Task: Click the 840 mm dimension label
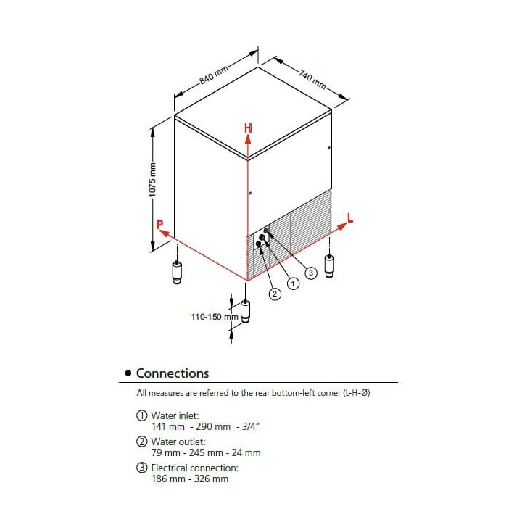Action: pyautogui.click(x=215, y=75)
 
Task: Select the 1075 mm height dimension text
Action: pyautogui.click(x=152, y=178)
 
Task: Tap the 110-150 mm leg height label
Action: pyautogui.click(x=215, y=317)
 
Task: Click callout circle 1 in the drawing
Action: pyautogui.click(x=293, y=283)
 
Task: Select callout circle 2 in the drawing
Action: pyautogui.click(x=275, y=294)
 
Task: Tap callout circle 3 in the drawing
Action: pyautogui.click(x=310, y=273)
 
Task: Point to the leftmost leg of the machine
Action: pyautogui.click(x=178, y=271)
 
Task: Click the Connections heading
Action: pyautogui.click(x=173, y=373)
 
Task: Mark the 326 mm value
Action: pyautogui.click(x=212, y=478)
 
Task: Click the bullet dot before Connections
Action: pyautogui.click(x=128, y=373)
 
